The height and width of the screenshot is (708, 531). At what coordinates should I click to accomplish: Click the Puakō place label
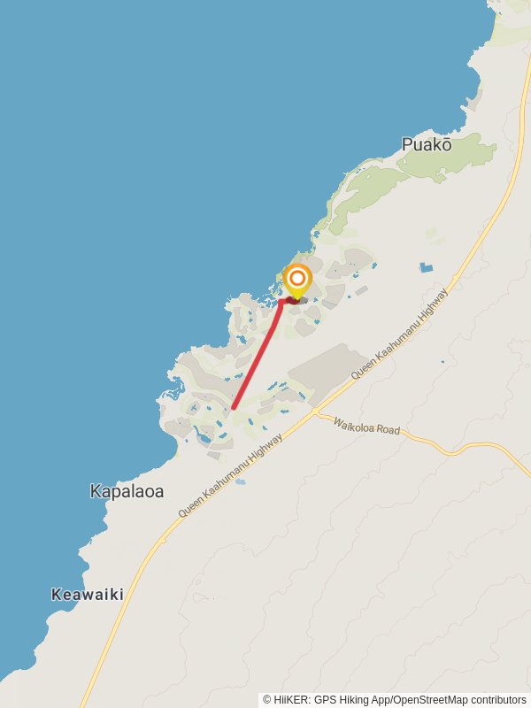427,144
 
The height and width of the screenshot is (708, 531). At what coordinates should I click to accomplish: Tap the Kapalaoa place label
127,491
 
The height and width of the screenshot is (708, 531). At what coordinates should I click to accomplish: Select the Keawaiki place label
87,594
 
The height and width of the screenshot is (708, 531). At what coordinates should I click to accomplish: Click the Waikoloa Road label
366,428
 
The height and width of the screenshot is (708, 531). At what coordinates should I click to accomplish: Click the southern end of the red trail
233,408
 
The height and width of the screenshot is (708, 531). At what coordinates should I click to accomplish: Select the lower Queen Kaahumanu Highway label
230,474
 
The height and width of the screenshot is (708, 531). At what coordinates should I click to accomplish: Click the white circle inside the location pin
297,280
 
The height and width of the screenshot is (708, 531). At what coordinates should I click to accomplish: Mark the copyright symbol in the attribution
267,699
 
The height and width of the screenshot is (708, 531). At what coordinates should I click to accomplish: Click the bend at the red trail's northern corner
281,302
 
